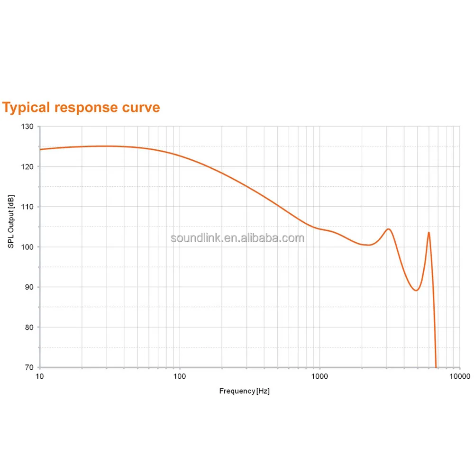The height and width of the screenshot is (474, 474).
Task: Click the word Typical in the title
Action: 26,108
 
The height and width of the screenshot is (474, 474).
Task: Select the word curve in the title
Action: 141,108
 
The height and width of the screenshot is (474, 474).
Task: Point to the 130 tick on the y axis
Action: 27,127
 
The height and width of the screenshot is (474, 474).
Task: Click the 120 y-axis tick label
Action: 27,167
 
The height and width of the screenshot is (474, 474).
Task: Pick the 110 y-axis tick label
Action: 27,207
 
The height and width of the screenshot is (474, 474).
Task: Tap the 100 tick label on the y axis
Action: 27,247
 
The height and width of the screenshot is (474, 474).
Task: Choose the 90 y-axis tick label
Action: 29,287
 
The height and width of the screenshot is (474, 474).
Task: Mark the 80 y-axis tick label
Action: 29,328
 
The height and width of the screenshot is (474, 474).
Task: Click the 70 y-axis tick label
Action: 29,367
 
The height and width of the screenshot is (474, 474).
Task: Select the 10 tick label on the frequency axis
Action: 40,376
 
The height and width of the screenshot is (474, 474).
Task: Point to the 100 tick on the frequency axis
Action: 180,376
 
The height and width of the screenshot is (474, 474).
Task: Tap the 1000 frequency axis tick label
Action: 319,376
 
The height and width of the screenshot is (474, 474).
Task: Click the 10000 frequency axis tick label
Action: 460,376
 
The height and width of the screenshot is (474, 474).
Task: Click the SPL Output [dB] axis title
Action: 11,221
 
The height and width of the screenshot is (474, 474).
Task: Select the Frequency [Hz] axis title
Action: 244,391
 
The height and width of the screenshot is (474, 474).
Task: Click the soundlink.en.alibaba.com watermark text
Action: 237,238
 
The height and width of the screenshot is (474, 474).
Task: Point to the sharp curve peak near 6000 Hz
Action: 428,232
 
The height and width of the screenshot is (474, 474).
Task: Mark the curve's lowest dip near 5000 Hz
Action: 417,290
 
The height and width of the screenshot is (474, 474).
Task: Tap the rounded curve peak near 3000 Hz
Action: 389,229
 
